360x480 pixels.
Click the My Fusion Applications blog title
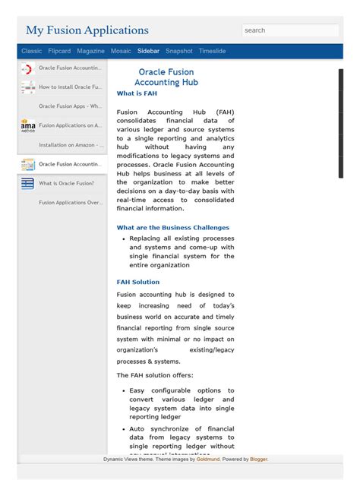tap(87, 30)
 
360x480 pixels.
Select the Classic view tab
tap(32, 51)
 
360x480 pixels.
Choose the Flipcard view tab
tap(59, 51)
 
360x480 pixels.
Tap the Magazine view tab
tap(90, 51)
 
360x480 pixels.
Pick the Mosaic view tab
tap(121, 51)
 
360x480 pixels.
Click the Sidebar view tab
tap(148, 51)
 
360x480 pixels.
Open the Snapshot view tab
tap(179, 51)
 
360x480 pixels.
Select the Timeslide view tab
tap(212, 51)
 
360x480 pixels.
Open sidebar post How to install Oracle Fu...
tap(70, 87)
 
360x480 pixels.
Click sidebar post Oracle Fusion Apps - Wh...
tap(70, 106)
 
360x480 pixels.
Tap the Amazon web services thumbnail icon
tap(28, 126)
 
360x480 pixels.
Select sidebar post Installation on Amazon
tap(70, 145)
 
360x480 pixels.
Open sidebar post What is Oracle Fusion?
tap(66, 183)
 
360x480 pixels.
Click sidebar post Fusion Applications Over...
tap(70, 203)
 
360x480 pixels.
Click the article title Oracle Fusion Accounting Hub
tap(166, 77)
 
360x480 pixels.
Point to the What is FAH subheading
tap(137, 93)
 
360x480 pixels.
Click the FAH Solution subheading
tap(138, 282)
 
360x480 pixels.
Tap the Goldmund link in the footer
tap(208, 459)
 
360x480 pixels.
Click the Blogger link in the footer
tap(258, 459)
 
